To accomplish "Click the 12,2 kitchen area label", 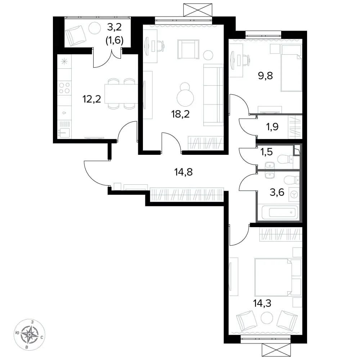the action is [91, 99].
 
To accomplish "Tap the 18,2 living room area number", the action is [180, 114].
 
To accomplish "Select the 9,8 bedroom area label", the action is [265, 76].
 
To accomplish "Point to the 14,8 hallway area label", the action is [184, 172].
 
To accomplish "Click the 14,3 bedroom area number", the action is [262, 303].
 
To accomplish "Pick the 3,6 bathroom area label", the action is [277, 192].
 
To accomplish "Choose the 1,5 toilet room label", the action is [266, 152].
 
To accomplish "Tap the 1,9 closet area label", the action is [272, 126].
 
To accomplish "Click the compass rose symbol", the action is [30, 334].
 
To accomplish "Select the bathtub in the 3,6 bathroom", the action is [280, 212].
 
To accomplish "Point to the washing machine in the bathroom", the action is [294, 195].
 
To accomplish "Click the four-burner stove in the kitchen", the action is [64, 88].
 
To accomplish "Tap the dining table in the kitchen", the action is [121, 94].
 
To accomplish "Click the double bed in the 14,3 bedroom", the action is [278, 277].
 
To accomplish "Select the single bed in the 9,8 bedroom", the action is [291, 68].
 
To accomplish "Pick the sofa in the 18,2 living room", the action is [213, 95].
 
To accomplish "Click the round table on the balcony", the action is [95, 28].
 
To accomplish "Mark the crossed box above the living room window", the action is [198, 10].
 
